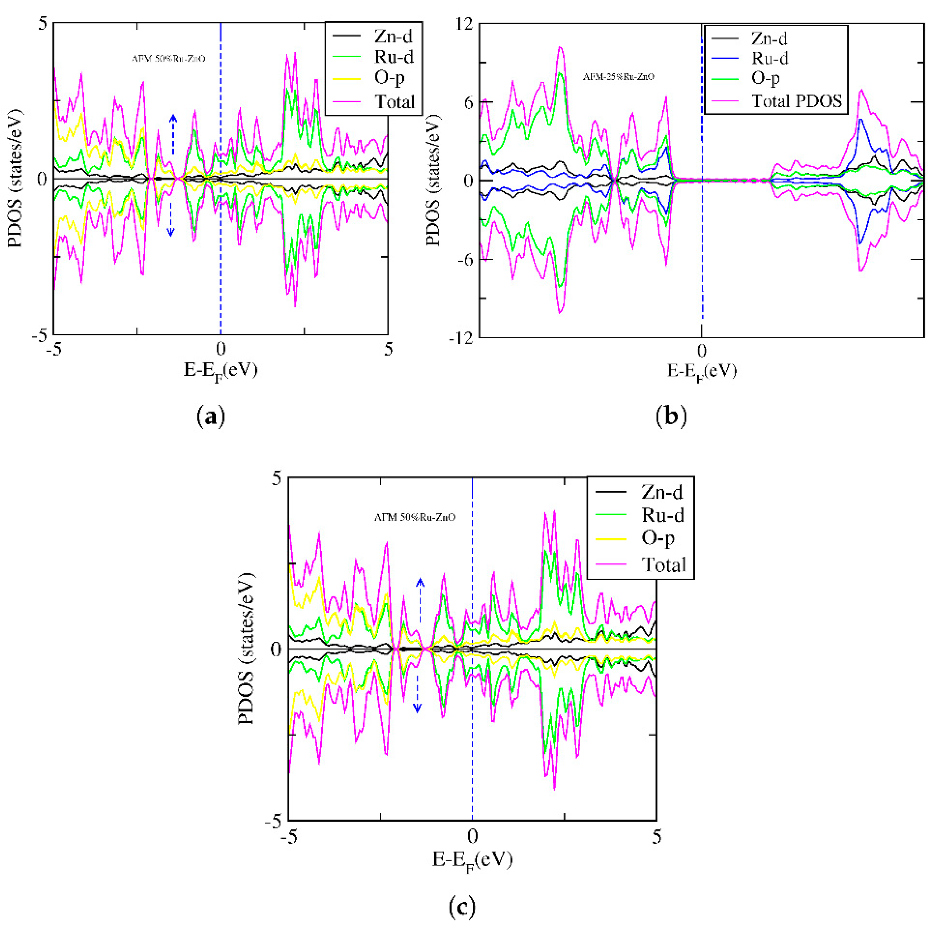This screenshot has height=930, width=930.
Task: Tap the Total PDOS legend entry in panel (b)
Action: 796,101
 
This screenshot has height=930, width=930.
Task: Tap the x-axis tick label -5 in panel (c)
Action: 288,838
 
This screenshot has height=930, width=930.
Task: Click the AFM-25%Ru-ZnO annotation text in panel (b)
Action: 619,77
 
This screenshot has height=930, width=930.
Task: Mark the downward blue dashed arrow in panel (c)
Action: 418,693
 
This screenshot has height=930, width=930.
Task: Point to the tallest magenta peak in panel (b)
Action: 560,47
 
